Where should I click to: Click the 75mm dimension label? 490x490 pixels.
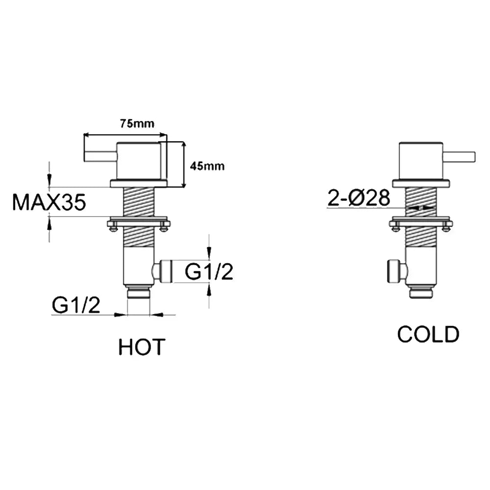pyautogui.click(x=137, y=124)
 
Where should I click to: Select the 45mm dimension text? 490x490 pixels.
pyautogui.click(x=207, y=166)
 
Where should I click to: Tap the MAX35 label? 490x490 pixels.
pyautogui.click(x=49, y=202)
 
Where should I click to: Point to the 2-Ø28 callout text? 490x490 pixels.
pyautogui.click(x=359, y=197)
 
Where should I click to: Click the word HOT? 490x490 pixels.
pyautogui.click(x=142, y=346)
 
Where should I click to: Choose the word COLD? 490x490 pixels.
pyautogui.click(x=428, y=334)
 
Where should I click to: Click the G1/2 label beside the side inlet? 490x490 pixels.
pyautogui.click(x=209, y=271)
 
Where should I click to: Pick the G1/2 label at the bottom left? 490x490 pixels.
pyautogui.click(x=76, y=305)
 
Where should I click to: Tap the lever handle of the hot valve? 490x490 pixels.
pyautogui.click(x=100, y=155)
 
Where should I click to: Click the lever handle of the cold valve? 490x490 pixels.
pyautogui.click(x=459, y=156)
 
